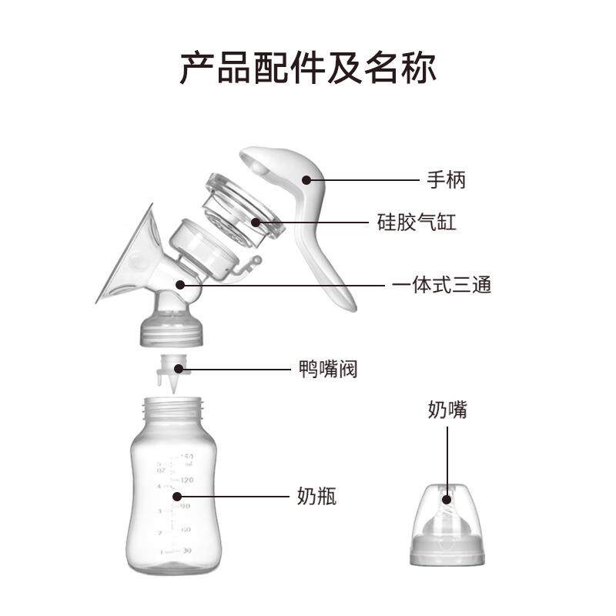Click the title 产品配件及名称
pos(308,68)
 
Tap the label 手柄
pos(447,181)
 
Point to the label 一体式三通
pos(441,285)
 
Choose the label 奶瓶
pos(316,497)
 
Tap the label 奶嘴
pos(447,410)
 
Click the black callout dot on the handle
pos(306,181)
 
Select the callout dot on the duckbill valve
pos(180,370)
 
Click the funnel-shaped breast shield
pos(127,258)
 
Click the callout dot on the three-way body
pos(180,284)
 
